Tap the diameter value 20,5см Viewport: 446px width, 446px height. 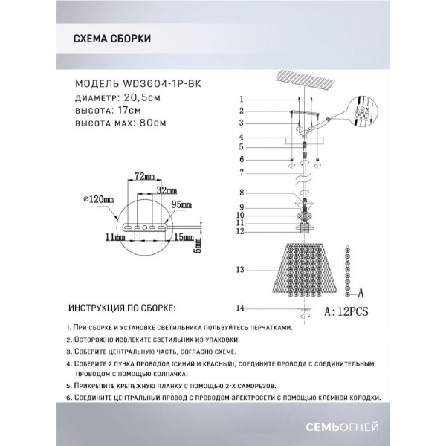point(140,97)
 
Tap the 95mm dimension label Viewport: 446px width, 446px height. point(181,204)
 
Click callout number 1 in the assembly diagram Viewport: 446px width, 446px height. point(242,99)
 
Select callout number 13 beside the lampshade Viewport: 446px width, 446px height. point(239,270)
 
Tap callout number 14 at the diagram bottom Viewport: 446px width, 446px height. point(239,308)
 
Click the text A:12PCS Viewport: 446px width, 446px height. point(346,311)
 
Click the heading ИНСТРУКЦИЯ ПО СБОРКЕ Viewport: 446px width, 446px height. point(122,308)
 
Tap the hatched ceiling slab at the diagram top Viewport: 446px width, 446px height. point(305,80)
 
